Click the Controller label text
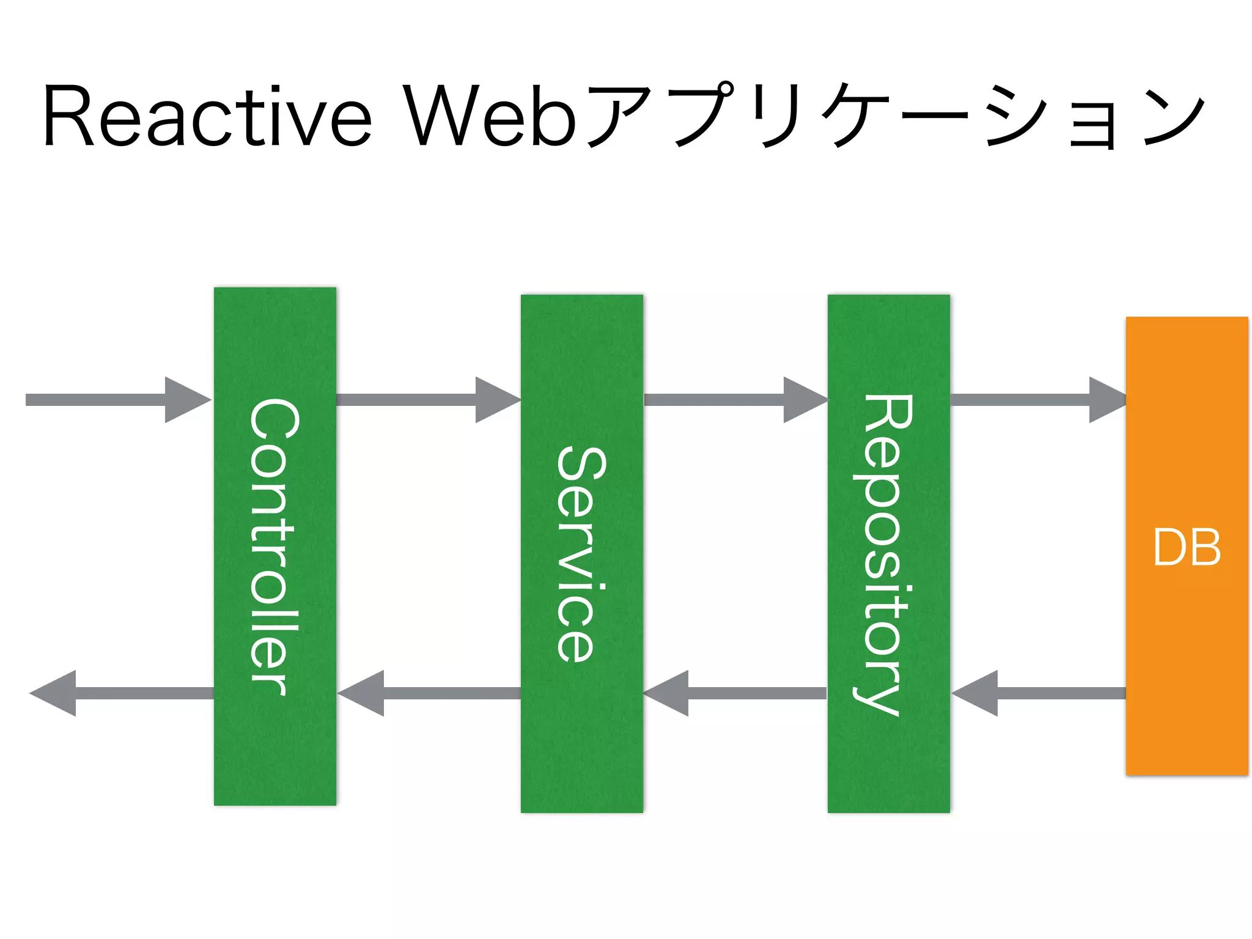pos(274,547)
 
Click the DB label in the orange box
pos(1187,547)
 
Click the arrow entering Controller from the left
pos(116,400)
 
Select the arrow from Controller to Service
pos(428,400)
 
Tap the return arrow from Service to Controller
pos(428,693)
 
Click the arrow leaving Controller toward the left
pos(122,693)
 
